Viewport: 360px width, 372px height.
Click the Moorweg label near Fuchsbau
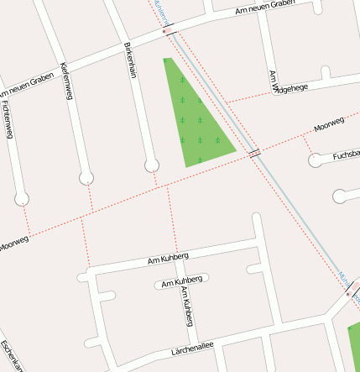[x=329, y=126]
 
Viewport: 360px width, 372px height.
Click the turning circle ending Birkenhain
[x=151, y=166]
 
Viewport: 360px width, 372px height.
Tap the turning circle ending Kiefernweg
[x=86, y=177]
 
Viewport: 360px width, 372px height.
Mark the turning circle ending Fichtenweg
[x=22, y=199]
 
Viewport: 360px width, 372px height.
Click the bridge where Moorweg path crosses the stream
[x=253, y=152]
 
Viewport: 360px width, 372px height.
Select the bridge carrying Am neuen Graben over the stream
[x=165, y=31]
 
